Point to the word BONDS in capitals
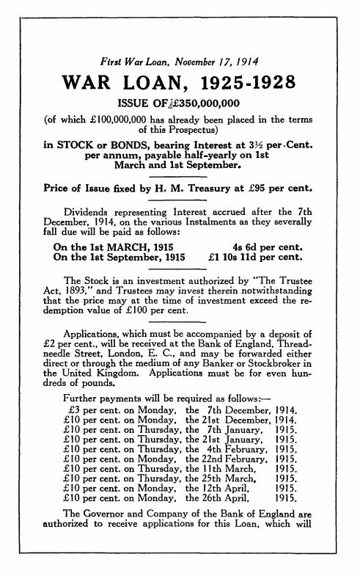pos(129,145)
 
